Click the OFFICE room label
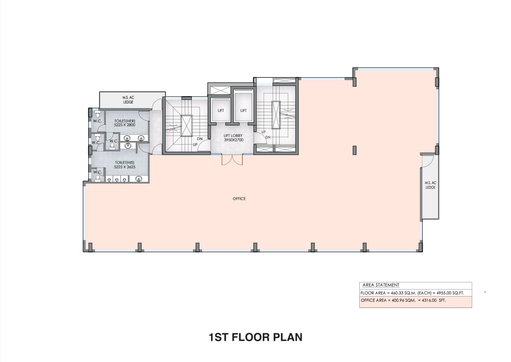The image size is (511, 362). [x=239, y=199]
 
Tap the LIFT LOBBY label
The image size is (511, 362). [x=233, y=136]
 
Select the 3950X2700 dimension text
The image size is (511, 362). [x=233, y=140]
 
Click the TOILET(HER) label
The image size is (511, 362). [x=125, y=121]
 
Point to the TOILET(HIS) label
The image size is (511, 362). [x=125, y=163]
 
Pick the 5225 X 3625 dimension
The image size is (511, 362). [x=125, y=167]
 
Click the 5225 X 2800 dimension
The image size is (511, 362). [x=125, y=125]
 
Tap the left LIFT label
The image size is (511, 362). [x=221, y=111]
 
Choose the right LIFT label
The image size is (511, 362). [x=243, y=111]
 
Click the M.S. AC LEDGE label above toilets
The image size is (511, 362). [x=128, y=100]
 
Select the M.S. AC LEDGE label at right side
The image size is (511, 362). [x=430, y=185]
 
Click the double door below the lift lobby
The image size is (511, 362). [x=232, y=160]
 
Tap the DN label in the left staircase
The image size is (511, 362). [x=199, y=139]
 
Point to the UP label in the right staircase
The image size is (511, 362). [x=264, y=132]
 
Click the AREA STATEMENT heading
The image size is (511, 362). [x=381, y=285]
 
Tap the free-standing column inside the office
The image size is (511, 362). [x=354, y=150]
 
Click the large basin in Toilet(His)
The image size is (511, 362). [x=139, y=179]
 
